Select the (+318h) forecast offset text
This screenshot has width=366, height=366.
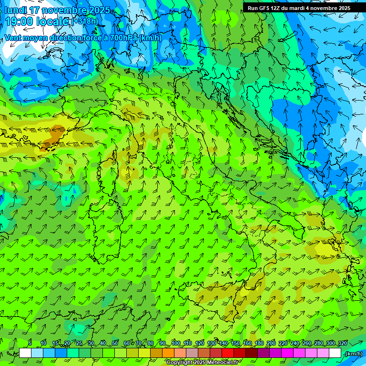85,21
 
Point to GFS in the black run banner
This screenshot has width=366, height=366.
264,8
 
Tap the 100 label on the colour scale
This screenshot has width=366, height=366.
176,344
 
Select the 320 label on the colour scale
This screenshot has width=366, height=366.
342,344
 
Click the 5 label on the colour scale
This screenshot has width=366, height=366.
30,344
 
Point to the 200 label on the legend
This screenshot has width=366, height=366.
271,344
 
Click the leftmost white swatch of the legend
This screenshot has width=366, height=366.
25,353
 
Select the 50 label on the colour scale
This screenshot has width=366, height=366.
115,344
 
